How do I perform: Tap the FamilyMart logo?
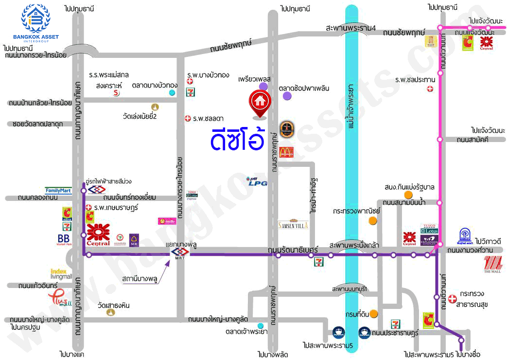tap(58, 190)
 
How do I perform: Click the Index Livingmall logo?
tap(61, 273)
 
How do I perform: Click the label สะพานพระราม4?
tap(351, 29)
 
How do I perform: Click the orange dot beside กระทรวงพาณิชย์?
tap(372, 220)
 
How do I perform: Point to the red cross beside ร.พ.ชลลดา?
tap(188, 118)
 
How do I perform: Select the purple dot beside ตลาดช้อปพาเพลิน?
tap(287, 96)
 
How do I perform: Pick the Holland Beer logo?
tap(286, 130)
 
